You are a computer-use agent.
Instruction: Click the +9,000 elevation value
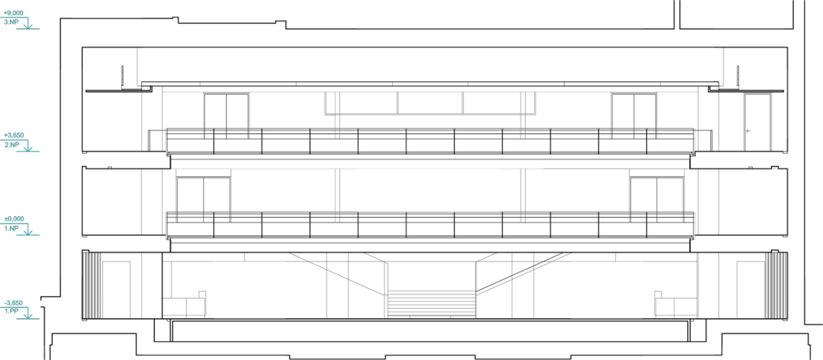coord(14,13)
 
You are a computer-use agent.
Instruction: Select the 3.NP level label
coord(11,22)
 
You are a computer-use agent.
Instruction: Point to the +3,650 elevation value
coord(14,135)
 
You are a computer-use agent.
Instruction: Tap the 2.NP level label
coord(12,145)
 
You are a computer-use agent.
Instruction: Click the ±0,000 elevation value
coord(14,219)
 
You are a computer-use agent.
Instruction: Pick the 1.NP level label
coord(12,228)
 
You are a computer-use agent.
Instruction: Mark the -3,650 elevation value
coord(14,303)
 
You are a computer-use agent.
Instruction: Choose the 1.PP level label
coord(12,311)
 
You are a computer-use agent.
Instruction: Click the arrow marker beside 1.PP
coord(28,315)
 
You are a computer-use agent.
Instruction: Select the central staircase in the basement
coord(431,304)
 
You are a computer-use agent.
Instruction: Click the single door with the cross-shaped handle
coord(757,122)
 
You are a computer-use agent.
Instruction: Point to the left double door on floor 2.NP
coord(226,116)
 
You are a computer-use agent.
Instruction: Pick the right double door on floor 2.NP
coord(634,116)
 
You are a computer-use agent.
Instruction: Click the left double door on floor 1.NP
coord(204,200)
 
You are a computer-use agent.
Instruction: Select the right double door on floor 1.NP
coord(657,200)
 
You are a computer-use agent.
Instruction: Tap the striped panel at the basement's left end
coord(91,285)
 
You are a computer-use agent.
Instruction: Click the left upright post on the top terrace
coord(122,77)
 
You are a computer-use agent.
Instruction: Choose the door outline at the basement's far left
coord(116,289)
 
